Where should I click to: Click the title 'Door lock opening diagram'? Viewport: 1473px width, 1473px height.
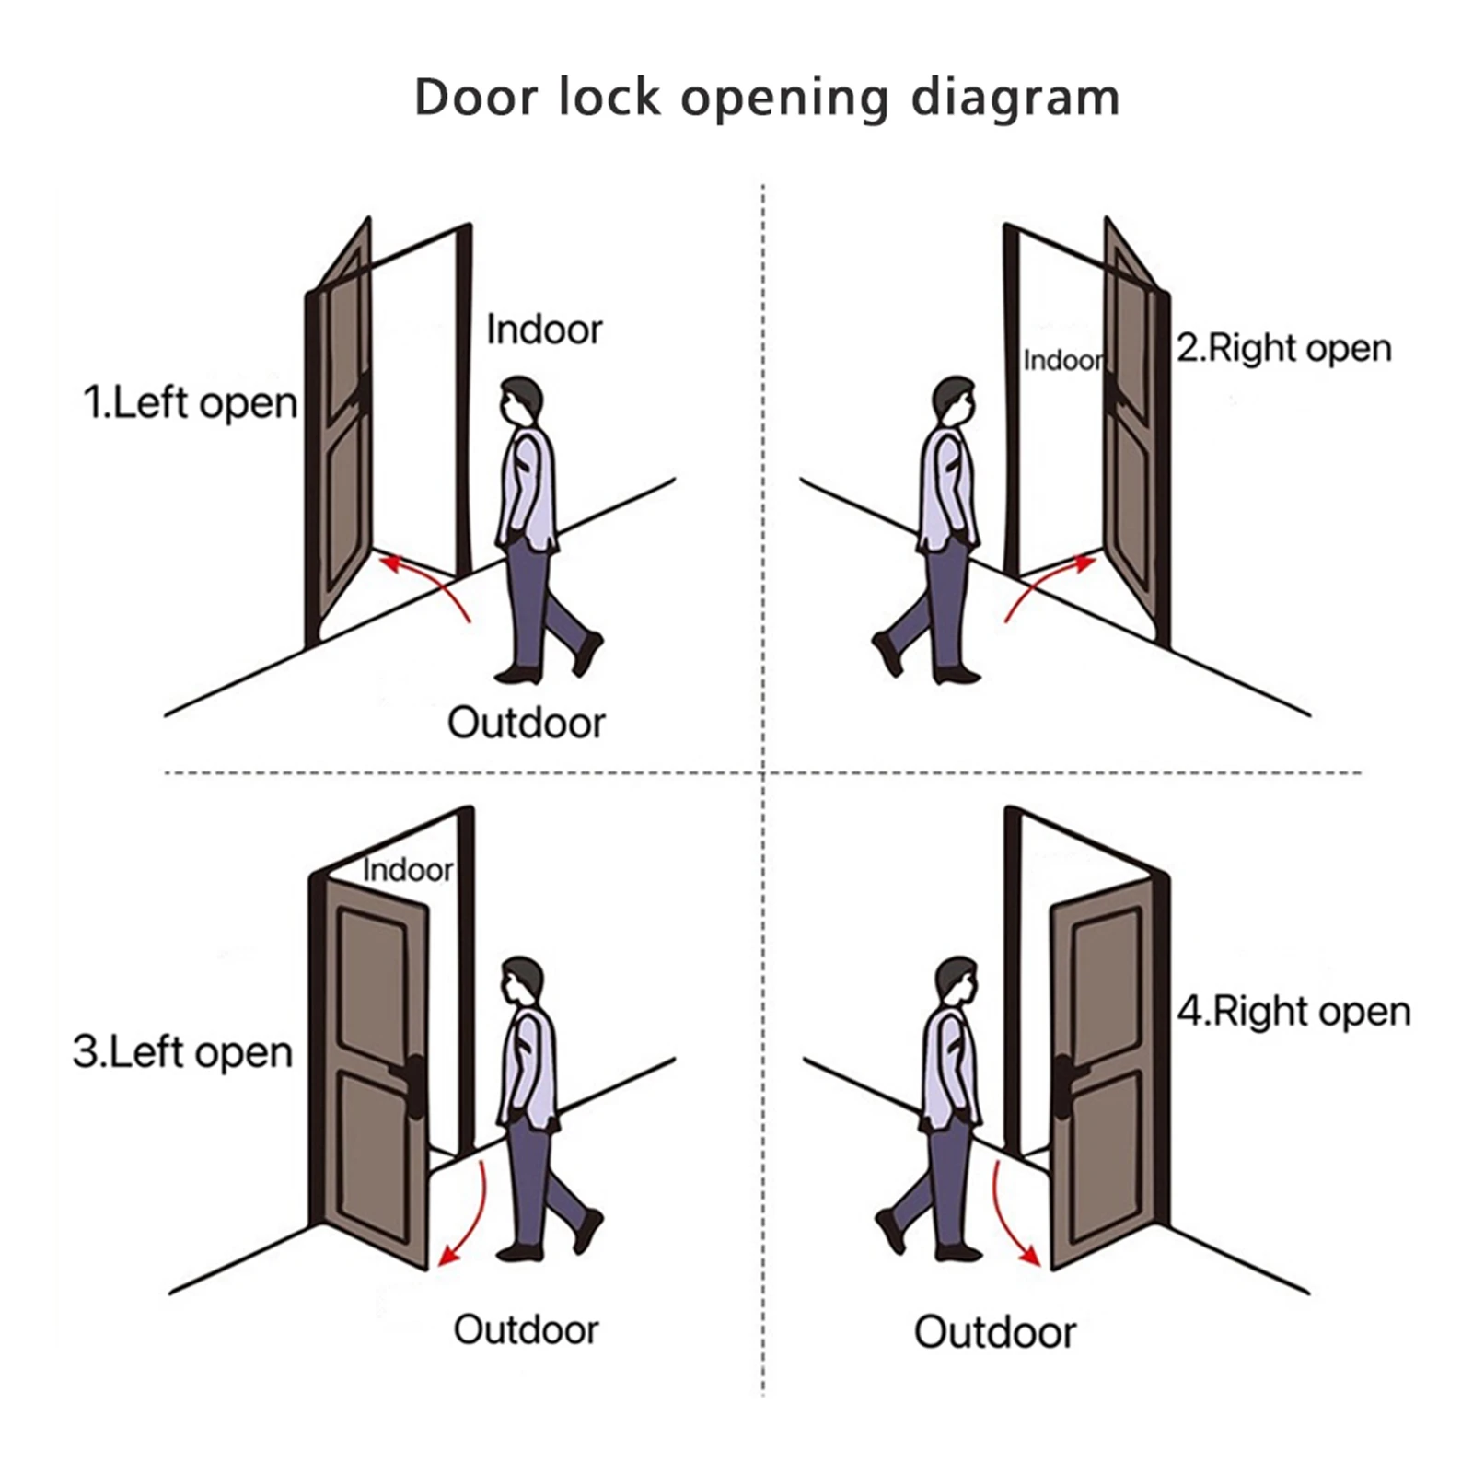pyautogui.click(x=766, y=98)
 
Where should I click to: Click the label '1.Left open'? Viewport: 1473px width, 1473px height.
pyautogui.click(x=190, y=403)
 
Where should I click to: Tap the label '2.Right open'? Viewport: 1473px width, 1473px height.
pyautogui.click(x=1283, y=348)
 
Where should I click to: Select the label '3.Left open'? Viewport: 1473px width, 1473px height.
pyautogui.click(x=182, y=1051)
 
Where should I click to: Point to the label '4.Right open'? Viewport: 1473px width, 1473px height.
pyautogui.click(x=1293, y=1011)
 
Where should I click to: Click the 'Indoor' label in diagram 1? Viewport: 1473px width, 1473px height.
pyautogui.click(x=543, y=330)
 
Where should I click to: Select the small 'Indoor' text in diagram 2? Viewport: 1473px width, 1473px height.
pyautogui.click(x=1062, y=360)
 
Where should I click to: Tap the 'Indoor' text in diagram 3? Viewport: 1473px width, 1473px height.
pyautogui.click(x=407, y=869)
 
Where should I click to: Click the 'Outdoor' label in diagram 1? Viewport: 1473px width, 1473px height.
pyautogui.click(x=526, y=723)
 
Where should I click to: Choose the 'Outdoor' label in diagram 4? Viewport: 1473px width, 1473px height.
pyautogui.click(x=994, y=1331)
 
